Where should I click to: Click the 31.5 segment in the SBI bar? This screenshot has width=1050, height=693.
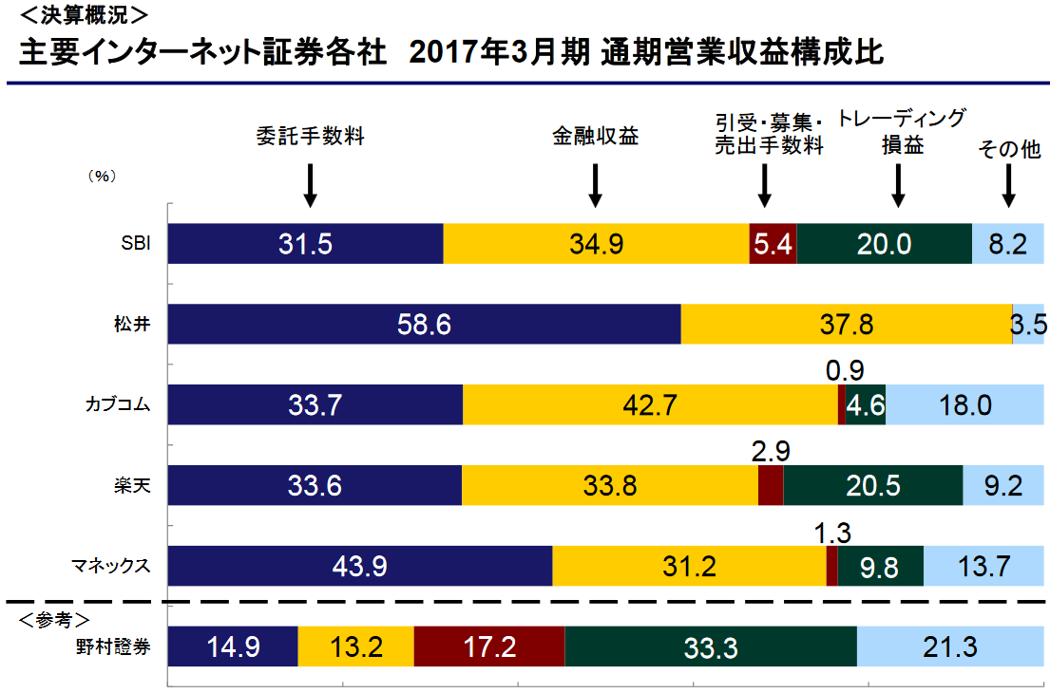[x=305, y=244]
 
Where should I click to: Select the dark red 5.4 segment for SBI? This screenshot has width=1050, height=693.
[x=773, y=244]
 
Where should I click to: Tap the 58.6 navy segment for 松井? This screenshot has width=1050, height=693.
[x=424, y=325]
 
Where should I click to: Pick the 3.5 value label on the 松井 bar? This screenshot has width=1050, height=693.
[x=1029, y=325]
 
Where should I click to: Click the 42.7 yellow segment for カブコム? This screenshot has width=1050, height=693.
[x=650, y=405]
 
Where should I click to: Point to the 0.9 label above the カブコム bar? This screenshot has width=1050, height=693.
[x=845, y=370]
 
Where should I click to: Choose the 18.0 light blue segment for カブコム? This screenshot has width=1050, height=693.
[x=964, y=405]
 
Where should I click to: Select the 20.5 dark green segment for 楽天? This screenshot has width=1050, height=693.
[x=872, y=486]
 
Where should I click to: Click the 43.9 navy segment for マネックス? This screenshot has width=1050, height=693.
[x=359, y=567]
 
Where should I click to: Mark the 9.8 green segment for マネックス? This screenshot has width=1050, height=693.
[x=879, y=567]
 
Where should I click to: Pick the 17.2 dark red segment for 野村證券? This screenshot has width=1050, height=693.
[x=488, y=647]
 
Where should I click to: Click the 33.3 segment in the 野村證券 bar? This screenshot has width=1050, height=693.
[x=710, y=647]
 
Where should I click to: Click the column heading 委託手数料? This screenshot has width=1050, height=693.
[x=311, y=136]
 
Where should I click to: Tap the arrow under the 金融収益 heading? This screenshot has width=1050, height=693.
[x=596, y=185]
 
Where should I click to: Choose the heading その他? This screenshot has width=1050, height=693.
[x=1009, y=149]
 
